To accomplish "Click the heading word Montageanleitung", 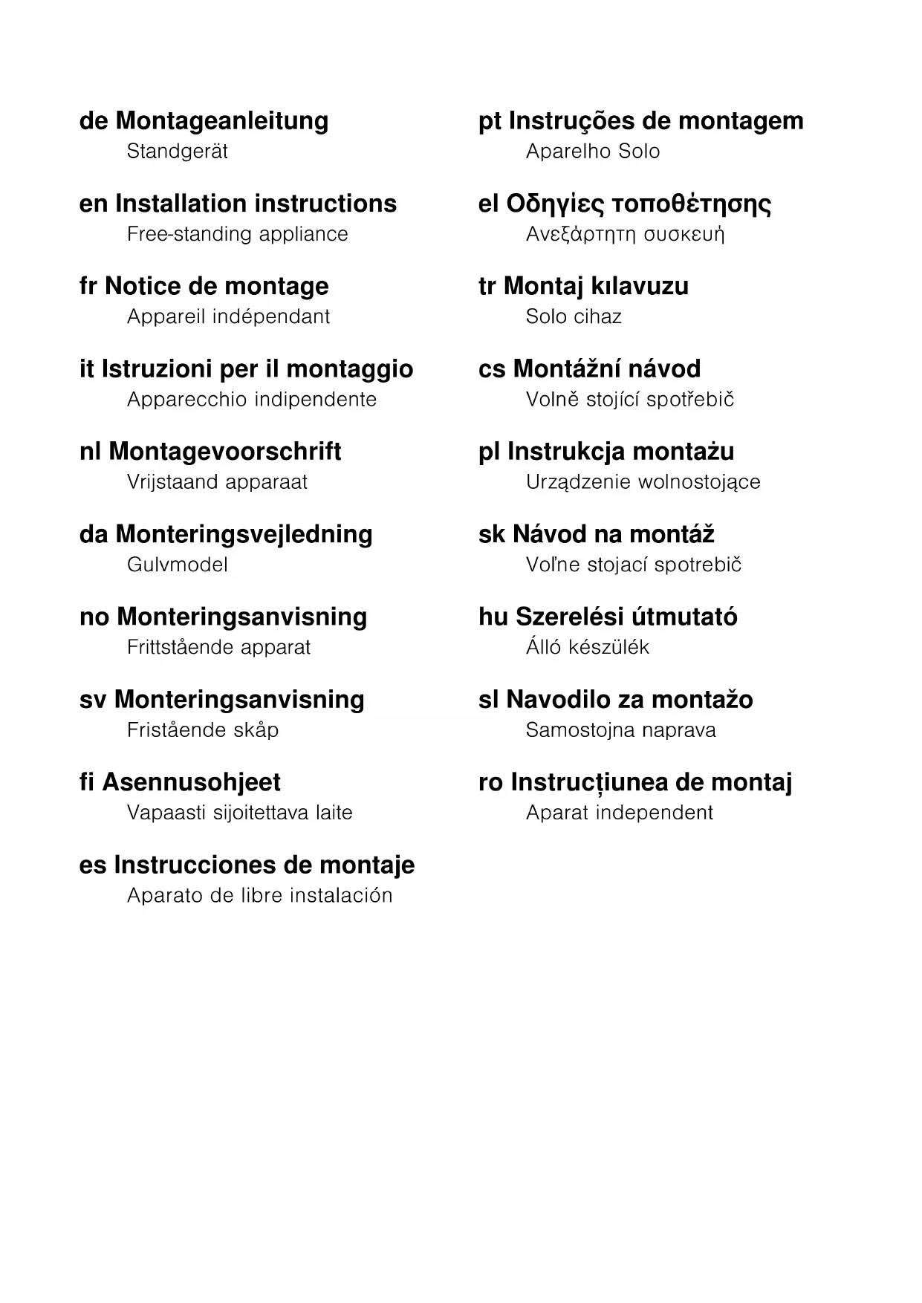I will (221, 121).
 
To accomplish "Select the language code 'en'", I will (93, 204).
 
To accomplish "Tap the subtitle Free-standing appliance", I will (237, 234).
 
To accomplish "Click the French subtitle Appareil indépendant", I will (228, 316).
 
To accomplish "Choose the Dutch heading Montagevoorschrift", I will (224, 452).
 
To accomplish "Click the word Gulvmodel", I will (177, 565).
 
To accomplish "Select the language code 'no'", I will (94, 617).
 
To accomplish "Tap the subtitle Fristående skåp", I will (202, 730).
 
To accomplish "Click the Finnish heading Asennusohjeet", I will (191, 782).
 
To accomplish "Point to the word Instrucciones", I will (196, 865).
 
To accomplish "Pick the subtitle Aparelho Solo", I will (592, 152).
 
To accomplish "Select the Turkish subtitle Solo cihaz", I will (573, 316).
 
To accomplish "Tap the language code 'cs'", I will (491, 369).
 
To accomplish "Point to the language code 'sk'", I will (492, 534).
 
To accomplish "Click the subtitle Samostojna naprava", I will (620, 730).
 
